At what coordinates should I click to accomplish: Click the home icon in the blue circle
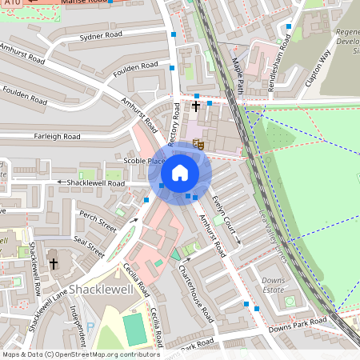(180, 173)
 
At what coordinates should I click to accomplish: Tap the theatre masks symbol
(197, 145)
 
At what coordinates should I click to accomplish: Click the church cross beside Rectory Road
(195, 106)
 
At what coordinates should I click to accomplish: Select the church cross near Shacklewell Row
(54, 263)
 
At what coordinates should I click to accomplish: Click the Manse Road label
(80, 3)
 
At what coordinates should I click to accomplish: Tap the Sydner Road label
(102, 36)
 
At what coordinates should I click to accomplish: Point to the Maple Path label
(237, 79)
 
